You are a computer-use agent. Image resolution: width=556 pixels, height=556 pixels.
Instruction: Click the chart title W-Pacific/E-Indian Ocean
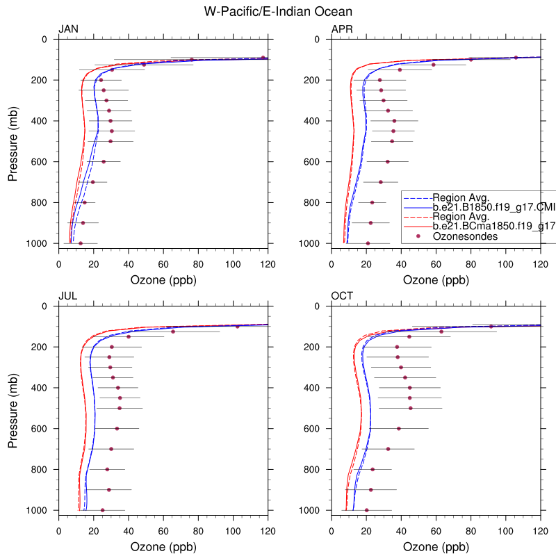[x=278, y=12]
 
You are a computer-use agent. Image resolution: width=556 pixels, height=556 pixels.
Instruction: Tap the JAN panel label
[x=68, y=29]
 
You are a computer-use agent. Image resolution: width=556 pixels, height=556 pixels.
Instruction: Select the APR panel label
[x=342, y=29]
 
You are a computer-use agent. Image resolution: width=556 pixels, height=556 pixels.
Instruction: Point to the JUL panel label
[x=67, y=296]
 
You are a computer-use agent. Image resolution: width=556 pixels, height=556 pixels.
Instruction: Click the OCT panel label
[x=342, y=296]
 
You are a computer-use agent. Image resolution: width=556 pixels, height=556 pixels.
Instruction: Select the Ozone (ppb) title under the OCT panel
[x=436, y=547]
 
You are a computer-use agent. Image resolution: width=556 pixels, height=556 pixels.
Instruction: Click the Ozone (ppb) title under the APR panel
[x=436, y=280]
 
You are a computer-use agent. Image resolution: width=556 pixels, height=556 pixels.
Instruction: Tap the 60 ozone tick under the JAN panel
[x=163, y=264]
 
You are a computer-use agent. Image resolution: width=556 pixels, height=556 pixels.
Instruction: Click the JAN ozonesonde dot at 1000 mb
[x=81, y=243]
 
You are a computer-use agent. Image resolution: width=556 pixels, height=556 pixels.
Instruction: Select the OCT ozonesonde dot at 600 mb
[x=398, y=429]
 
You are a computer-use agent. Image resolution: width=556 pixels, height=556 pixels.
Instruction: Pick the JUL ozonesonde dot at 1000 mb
[x=103, y=510]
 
